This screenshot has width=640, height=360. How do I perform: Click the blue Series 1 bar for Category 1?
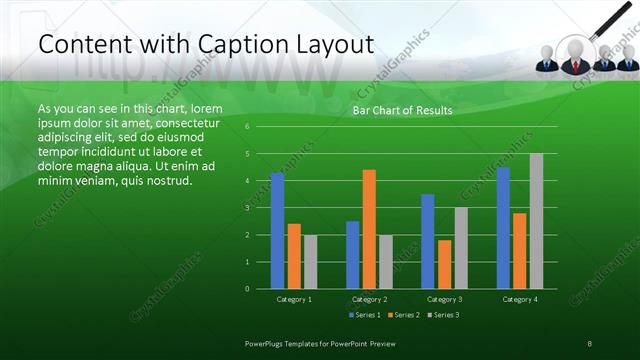[x=277, y=231]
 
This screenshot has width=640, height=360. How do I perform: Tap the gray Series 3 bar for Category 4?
[x=536, y=221]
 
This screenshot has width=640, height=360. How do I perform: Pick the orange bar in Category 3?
[x=445, y=264]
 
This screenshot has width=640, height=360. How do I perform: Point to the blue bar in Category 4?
[x=503, y=228]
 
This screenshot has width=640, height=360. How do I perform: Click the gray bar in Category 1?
[x=310, y=262]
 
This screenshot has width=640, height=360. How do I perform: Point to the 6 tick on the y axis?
[x=247, y=127]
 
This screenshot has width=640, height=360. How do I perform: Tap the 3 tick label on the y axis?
[x=247, y=208]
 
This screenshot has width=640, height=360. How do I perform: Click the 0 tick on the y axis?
[x=247, y=289]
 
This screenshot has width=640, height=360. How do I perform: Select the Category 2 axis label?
[x=369, y=299]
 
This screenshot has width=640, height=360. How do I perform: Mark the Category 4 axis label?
[x=520, y=299]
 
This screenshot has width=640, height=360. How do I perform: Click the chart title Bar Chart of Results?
[x=402, y=110]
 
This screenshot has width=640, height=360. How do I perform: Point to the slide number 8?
[x=590, y=343]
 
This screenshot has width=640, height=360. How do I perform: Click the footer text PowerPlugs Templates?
[x=290, y=343]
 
